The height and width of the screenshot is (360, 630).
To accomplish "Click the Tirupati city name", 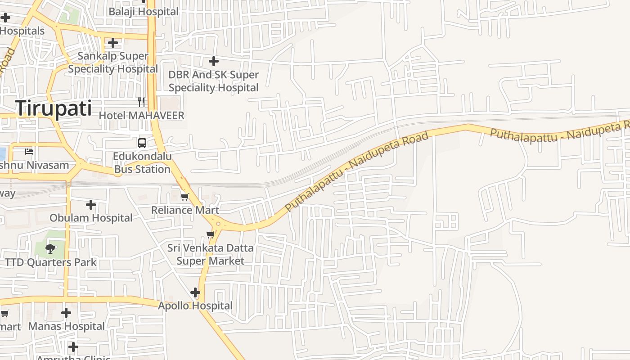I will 54,109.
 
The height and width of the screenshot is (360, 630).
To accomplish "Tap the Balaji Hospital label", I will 144,12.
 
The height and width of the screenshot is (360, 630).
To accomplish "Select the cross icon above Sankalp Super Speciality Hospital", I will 113,43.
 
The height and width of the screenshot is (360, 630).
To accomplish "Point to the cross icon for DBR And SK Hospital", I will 214,61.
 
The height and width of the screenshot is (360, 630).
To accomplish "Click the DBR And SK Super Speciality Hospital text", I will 214,81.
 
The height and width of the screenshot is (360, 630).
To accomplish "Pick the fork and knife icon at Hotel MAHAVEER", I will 141,102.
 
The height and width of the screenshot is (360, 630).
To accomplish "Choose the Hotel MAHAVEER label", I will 141,116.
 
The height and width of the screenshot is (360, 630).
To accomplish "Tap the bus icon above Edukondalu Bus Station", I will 142,143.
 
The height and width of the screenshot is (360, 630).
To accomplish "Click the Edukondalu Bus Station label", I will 142,163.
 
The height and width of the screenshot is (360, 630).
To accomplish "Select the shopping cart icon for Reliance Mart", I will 184,197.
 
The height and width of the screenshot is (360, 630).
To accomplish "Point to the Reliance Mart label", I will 185,210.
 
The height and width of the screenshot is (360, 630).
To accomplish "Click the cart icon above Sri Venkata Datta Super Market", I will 210,234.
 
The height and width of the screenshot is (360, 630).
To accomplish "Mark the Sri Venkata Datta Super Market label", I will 210,254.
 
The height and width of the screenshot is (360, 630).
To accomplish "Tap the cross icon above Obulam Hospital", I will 91,205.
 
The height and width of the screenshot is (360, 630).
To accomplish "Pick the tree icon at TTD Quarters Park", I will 50,248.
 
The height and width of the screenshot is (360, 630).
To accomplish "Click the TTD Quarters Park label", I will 50,262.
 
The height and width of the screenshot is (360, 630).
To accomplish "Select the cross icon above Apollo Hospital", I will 195,292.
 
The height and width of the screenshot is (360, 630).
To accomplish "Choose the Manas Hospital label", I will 67,326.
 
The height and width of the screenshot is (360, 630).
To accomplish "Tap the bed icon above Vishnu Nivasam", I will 29,151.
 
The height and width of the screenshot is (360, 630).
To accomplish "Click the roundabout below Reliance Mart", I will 218,223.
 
